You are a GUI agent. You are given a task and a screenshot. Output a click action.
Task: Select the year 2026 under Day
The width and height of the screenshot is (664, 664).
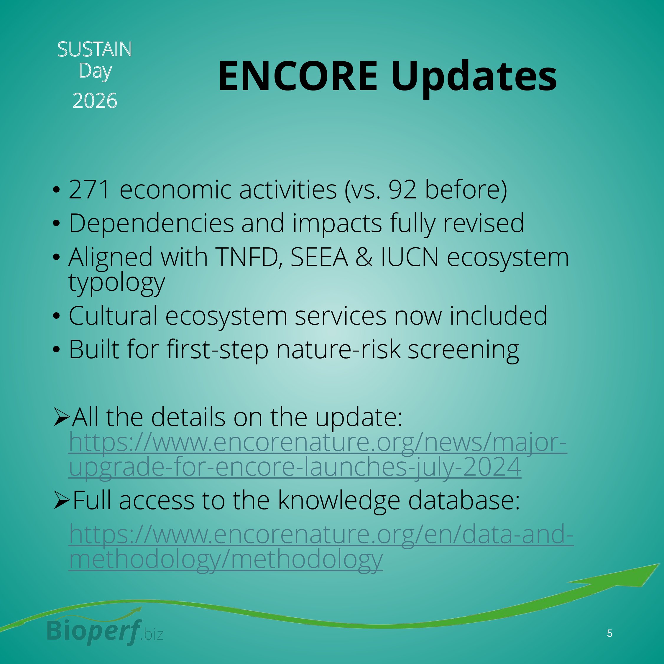pos(95,101)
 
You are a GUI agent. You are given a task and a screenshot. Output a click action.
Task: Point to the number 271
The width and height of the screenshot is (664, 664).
pos(89,189)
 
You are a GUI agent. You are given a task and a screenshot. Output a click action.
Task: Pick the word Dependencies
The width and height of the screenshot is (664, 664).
pos(151,224)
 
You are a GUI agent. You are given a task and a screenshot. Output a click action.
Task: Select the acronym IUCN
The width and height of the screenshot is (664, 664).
pos(409,257)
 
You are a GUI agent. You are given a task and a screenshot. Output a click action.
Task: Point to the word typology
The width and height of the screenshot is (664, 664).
pos(117,284)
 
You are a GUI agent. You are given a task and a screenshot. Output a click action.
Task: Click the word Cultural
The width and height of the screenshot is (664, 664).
pos(113,315)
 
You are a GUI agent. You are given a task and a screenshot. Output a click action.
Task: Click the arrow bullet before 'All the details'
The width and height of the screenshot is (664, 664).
pos(62,417)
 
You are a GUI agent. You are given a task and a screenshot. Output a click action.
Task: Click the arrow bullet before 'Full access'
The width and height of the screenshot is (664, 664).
pos(62,500)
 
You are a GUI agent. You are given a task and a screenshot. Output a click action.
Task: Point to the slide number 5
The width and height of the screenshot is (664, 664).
pos(610,633)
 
